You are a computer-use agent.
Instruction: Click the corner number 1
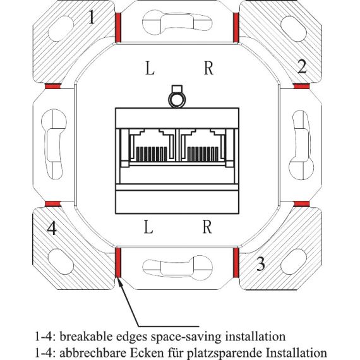tap(92, 17)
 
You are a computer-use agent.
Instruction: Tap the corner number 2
tap(302, 66)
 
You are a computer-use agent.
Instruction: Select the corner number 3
tap(260, 263)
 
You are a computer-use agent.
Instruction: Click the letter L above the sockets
tap(150, 68)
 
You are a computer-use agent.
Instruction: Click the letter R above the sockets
tap(208, 68)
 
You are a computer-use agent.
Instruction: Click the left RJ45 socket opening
tap(152, 145)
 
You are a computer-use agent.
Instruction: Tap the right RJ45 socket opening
tap(203, 145)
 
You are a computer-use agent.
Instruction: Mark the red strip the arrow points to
tap(118, 263)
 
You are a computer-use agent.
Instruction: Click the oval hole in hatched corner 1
tap(61, 28)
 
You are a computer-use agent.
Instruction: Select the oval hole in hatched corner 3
tap(294, 261)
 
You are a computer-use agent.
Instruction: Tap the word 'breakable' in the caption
tap(88, 337)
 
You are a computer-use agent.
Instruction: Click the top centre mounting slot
tap(177, 23)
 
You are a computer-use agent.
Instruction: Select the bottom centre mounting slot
tap(177, 268)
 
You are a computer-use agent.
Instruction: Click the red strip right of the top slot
tap(236, 28)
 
